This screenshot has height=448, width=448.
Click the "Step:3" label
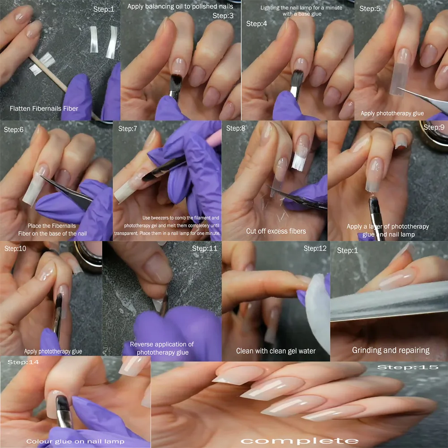pos(223,16)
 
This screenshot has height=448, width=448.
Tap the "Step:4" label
pos(257,24)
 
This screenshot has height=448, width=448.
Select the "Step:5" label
pos(370,9)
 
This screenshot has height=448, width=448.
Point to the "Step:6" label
pos(13,130)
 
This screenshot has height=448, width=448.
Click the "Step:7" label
pos(127,129)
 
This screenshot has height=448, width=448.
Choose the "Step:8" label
pos(236,128)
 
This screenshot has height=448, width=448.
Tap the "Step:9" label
pos(434,127)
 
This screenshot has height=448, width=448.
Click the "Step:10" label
pos(15,249)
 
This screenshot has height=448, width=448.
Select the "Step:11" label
pos(205,249)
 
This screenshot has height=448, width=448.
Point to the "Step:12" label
pos(315,249)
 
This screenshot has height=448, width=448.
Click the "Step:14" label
pos(23,362)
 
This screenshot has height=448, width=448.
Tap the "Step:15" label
pos(408,367)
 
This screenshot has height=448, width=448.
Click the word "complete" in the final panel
pos(299,441)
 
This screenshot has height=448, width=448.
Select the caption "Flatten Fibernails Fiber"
pos(44,108)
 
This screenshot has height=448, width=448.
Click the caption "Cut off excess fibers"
pos(276,231)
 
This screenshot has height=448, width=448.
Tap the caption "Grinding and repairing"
pos(391,350)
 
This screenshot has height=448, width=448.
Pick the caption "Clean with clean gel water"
pos(276,351)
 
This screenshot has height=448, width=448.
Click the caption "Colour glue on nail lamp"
pos(75,441)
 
